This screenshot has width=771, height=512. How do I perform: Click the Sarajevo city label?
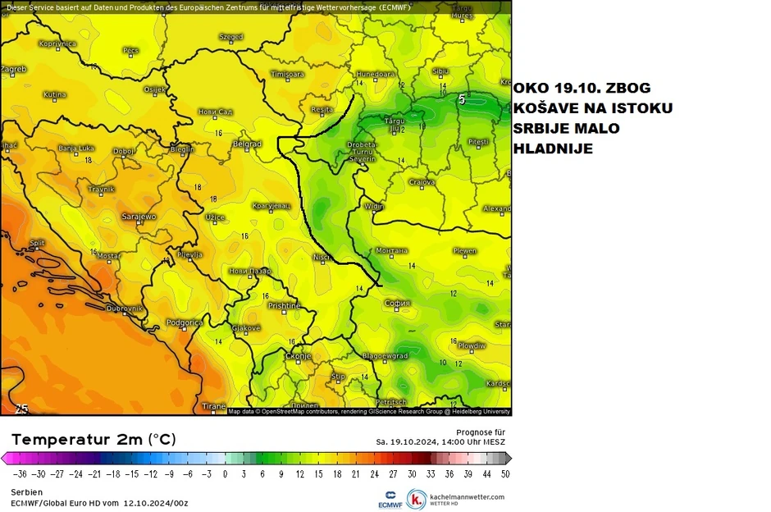[139, 217]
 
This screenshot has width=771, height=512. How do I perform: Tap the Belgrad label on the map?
[247, 144]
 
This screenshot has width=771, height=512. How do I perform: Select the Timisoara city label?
[287, 74]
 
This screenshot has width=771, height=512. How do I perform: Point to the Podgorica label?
[185, 322]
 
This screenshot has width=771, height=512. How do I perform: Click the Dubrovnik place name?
[125, 308]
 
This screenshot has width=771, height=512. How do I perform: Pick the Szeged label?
[231, 37]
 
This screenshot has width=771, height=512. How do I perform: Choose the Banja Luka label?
[77, 149]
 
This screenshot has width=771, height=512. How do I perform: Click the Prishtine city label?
[285, 306]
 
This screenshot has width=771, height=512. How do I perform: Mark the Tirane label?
[213, 406]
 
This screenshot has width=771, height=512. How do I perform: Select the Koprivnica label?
[57, 43]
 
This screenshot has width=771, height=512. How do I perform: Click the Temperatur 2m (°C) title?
[93, 439]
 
